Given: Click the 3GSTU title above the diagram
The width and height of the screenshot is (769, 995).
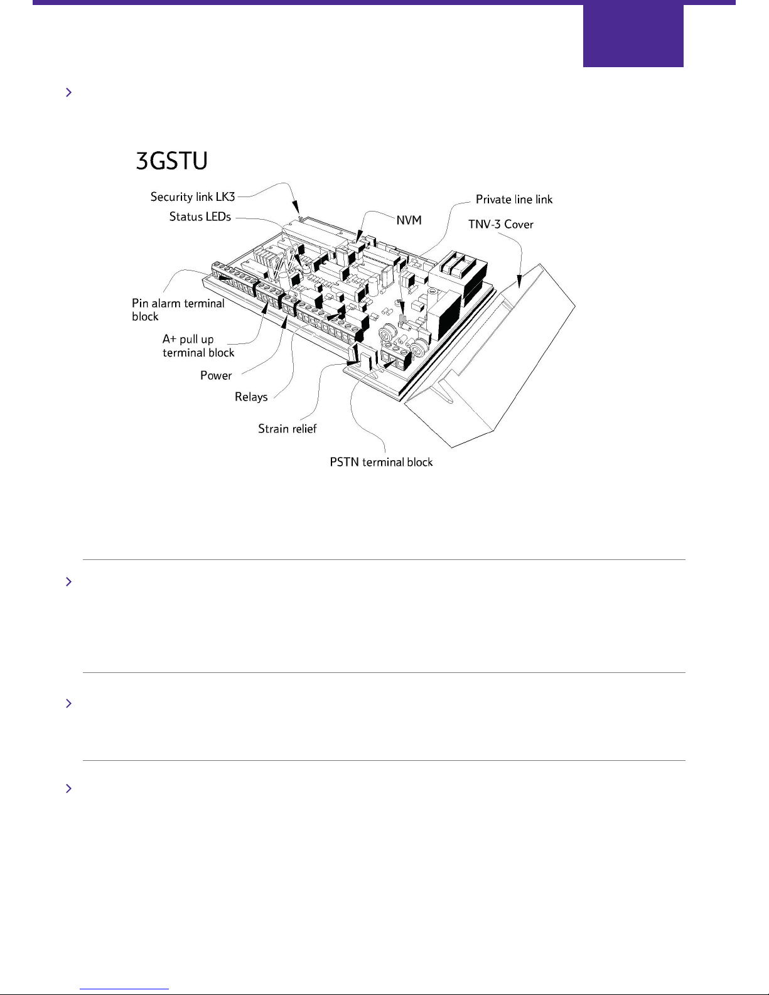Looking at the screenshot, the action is click(171, 161).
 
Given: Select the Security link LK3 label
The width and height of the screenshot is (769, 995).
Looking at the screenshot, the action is click(192, 197).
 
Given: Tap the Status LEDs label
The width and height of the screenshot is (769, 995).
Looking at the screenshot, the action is click(200, 217).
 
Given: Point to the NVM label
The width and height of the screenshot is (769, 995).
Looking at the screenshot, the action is click(409, 220).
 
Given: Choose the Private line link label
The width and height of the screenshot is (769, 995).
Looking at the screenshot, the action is click(514, 200).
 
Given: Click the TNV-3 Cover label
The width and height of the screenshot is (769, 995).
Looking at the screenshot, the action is click(500, 225).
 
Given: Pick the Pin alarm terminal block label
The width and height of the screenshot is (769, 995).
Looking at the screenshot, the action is click(178, 310).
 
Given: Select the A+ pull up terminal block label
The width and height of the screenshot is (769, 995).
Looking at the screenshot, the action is click(198, 346).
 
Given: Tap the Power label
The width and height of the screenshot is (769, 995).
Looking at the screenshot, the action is click(216, 375).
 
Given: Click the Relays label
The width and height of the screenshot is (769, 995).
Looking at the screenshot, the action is click(251, 397).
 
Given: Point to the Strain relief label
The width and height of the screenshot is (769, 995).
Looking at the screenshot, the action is click(287, 429).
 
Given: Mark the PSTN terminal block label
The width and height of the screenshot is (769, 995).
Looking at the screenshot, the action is click(381, 462).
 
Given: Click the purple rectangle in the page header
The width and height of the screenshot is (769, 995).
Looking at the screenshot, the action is click(633, 36).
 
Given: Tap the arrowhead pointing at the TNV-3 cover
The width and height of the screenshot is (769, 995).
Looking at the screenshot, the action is click(519, 281).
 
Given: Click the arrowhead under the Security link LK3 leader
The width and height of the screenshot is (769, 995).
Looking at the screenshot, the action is click(297, 210).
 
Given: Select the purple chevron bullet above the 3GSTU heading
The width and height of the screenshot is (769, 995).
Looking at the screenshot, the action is click(68, 92).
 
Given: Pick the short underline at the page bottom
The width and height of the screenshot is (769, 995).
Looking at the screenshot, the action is click(124, 989).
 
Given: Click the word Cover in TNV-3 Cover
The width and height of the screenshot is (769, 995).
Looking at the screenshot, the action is click(519, 225).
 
